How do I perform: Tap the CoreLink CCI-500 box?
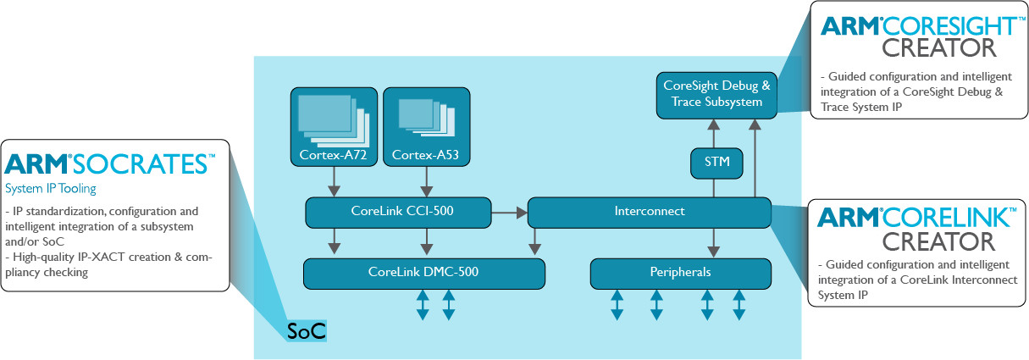pos(398,213)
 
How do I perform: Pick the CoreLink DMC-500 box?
pos(423,273)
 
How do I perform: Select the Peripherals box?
pos(680,273)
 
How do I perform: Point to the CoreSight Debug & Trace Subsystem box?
pos(717,94)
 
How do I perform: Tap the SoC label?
pos(306,330)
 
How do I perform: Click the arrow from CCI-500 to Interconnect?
pos(509,213)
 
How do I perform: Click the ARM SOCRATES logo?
pos(110,163)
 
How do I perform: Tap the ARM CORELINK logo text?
pos(915,218)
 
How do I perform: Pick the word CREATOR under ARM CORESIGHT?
pos(920,49)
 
